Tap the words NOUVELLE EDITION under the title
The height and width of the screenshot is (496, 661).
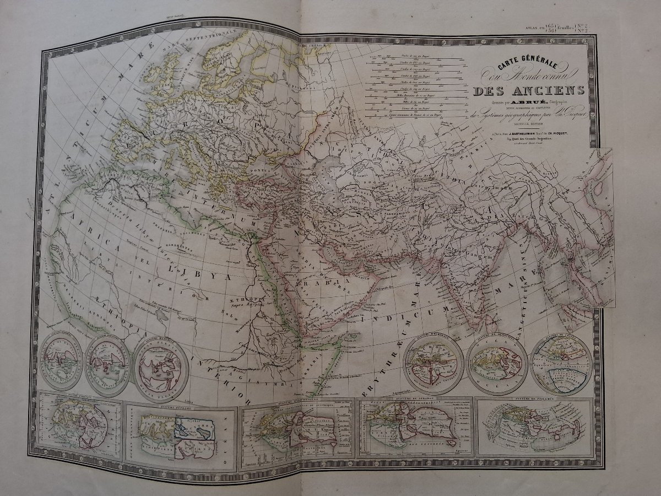pos(513,124)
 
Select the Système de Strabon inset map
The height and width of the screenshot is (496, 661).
pos(416,427)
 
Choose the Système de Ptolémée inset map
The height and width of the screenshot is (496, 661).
pos(533,427)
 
